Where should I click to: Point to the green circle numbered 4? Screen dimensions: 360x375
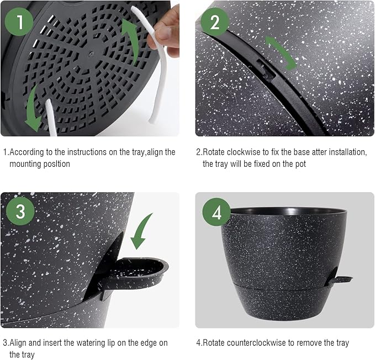click(215, 213)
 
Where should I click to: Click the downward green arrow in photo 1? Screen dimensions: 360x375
click(35, 108)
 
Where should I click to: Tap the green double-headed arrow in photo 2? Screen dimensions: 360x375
click(280, 52)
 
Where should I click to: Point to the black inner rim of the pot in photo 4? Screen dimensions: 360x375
click(284, 212)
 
